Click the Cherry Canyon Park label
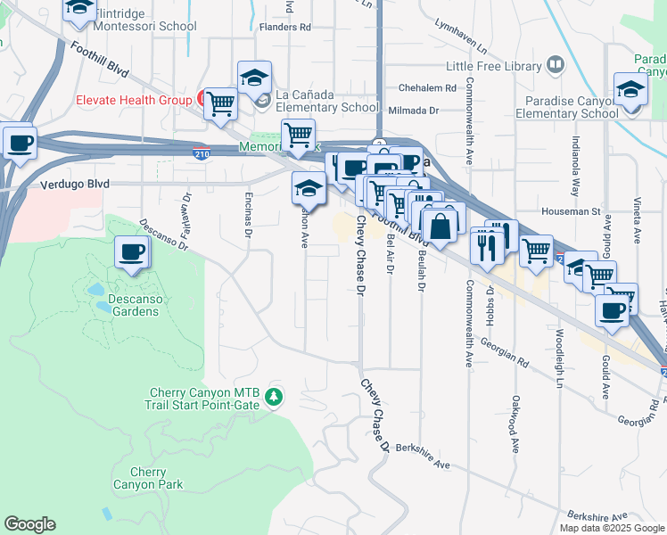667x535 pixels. click(148, 478)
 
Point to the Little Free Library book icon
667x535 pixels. click(556, 64)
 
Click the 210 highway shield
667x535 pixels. click(202, 153)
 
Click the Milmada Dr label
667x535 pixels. click(415, 111)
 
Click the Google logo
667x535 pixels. click(29, 524)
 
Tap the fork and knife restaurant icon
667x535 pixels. click(487, 246)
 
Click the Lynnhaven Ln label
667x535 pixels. click(462, 36)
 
